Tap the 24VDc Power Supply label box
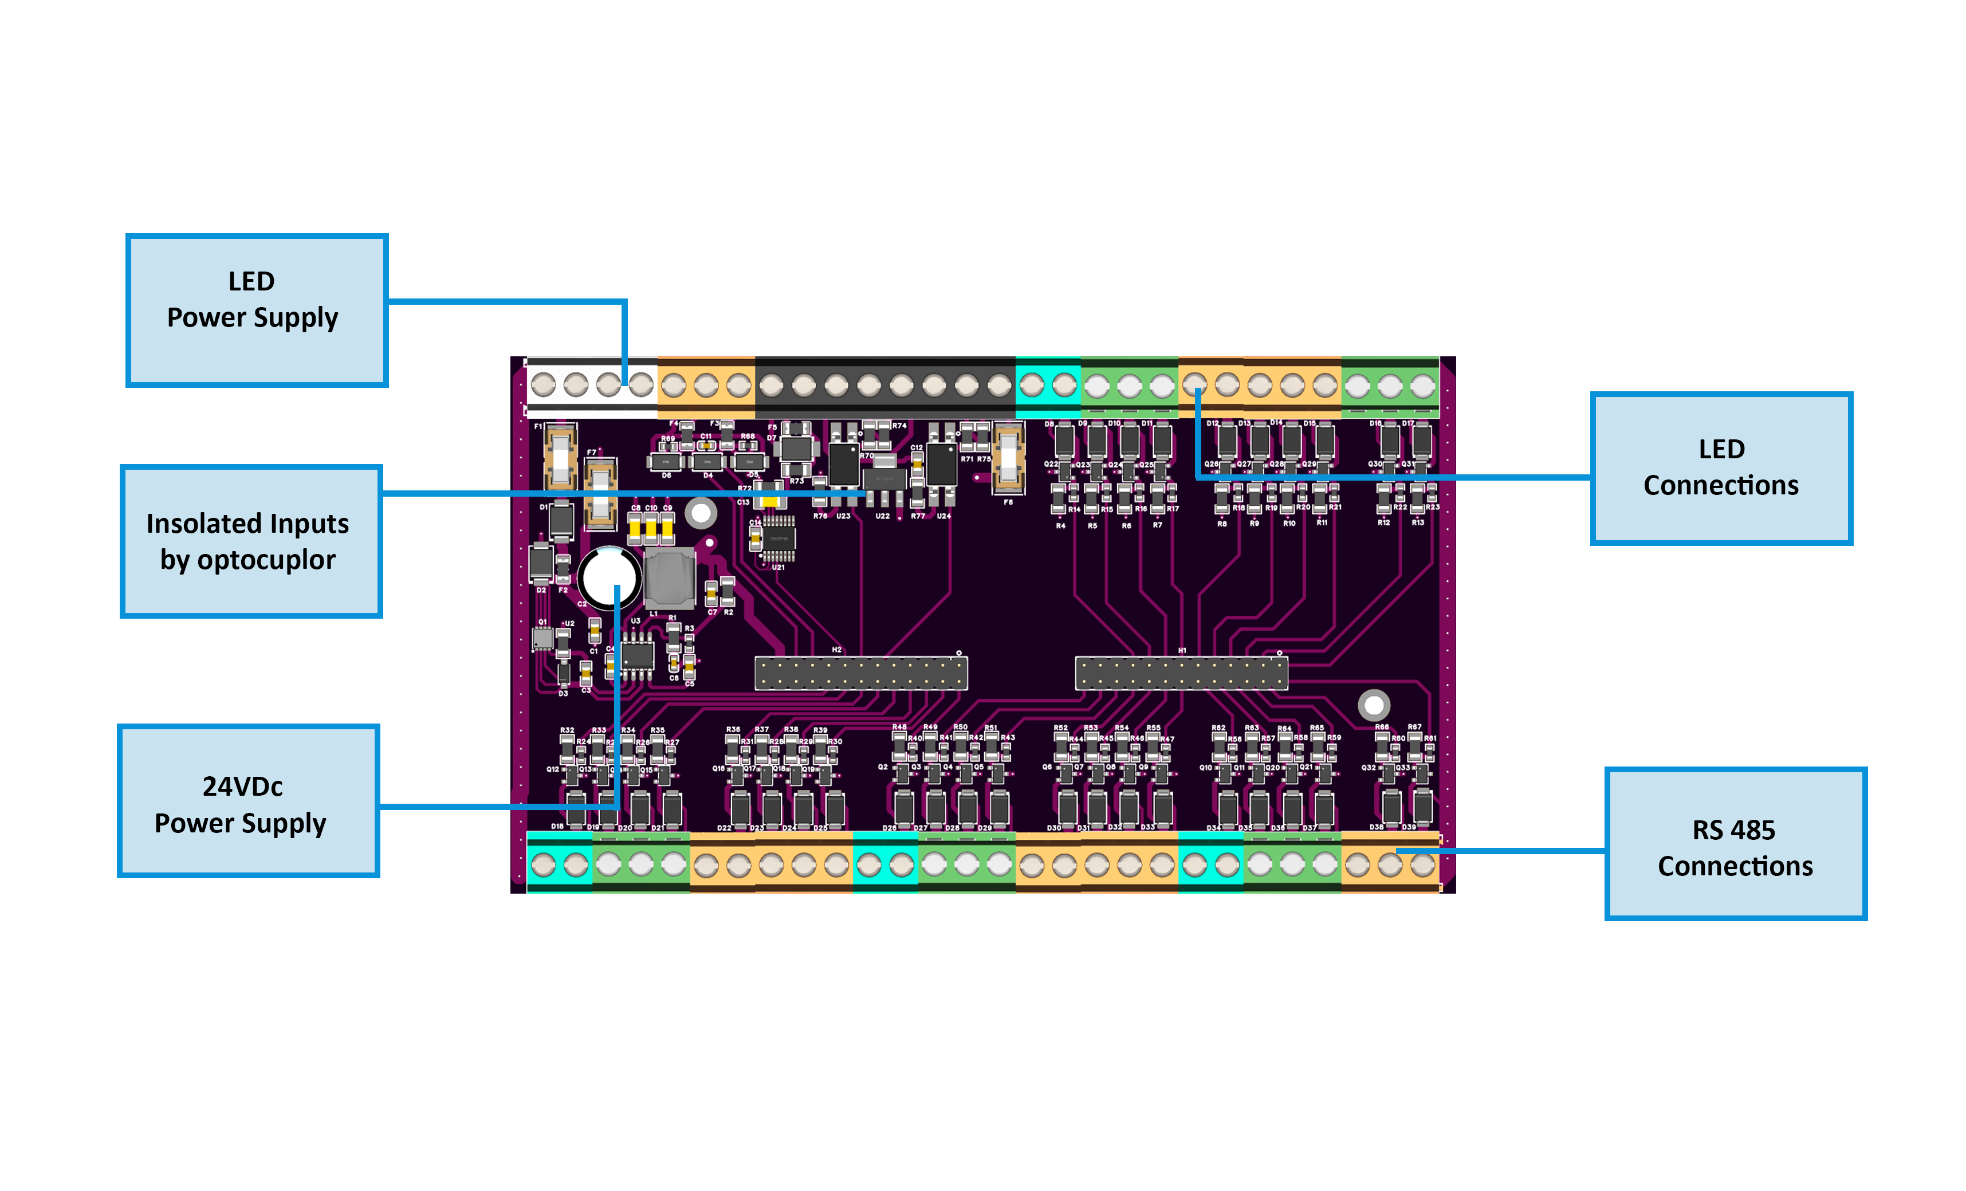pyautogui.click(x=248, y=800)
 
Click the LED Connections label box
pyautogui.click(x=1720, y=468)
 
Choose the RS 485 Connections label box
pyautogui.click(x=1735, y=843)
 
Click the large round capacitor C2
pyautogui.click(x=609, y=577)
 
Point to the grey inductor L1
pyautogui.click(x=669, y=579)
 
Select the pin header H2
pyautogui.click(x=861, y=673)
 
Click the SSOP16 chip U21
pyautogui.click(x=778, y=538)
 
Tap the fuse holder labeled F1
pyautogui.click(x=560, y=458)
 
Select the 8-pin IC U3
pyautogui.click(x=637, y=657)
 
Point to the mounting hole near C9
pyautogui.click(x=701, y=513)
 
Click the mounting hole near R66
pyautogui.click(x=1373, y=705)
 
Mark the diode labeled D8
pyautogui.click(x=1064, y=441)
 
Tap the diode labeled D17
pyautogui.click(x=1422, y=441)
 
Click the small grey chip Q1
pyautogui.click(x=542, y=638)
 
